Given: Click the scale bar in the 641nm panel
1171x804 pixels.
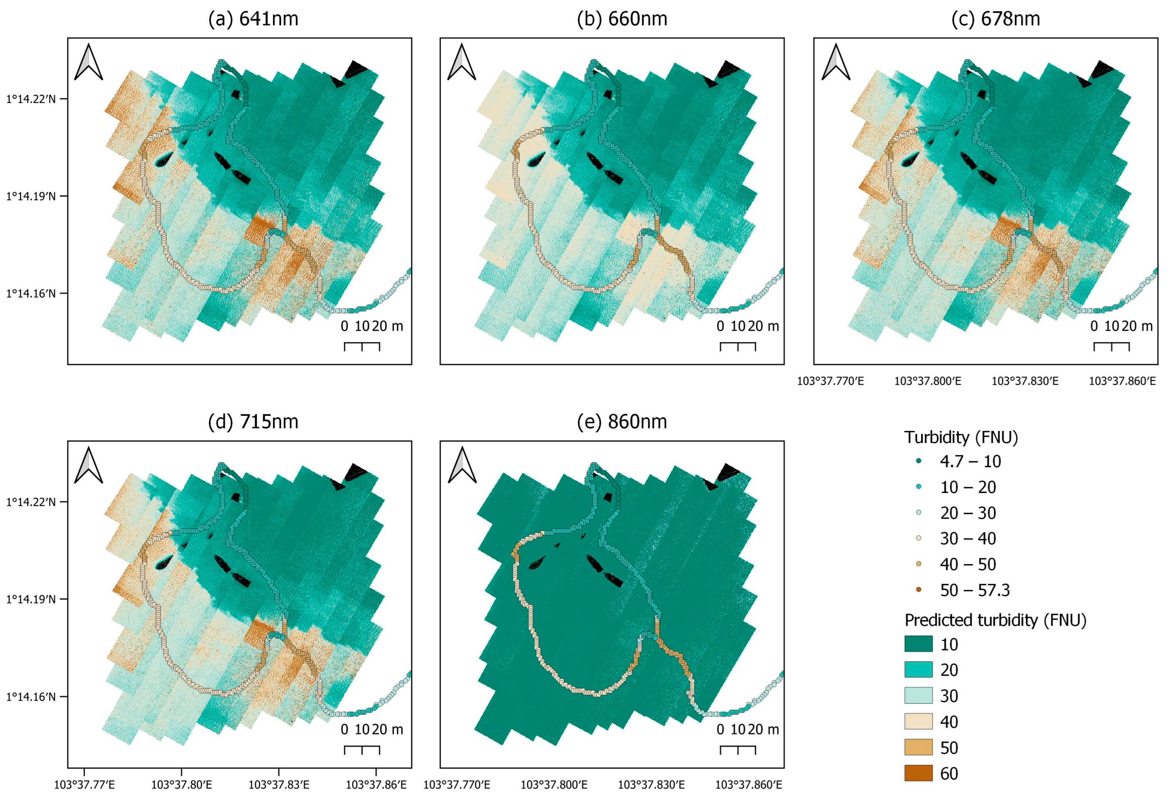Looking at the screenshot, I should tap(362, 346).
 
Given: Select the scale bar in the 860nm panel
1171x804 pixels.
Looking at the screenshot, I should tap(738, 749).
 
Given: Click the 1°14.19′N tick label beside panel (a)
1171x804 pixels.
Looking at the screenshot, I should tap(30, 196).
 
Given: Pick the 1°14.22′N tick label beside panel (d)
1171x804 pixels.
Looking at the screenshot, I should tap(30, 502).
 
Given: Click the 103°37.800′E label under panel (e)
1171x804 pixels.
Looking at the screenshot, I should tap(554, 784).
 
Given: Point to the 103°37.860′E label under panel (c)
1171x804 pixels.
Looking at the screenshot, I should tap(1122, 381).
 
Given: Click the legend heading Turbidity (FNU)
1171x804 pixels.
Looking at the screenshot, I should tap(961, 437).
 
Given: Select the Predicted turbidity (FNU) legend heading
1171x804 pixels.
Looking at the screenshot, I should tap(995, 620).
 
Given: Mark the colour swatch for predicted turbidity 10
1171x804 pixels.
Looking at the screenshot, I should tap(918, 644).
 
